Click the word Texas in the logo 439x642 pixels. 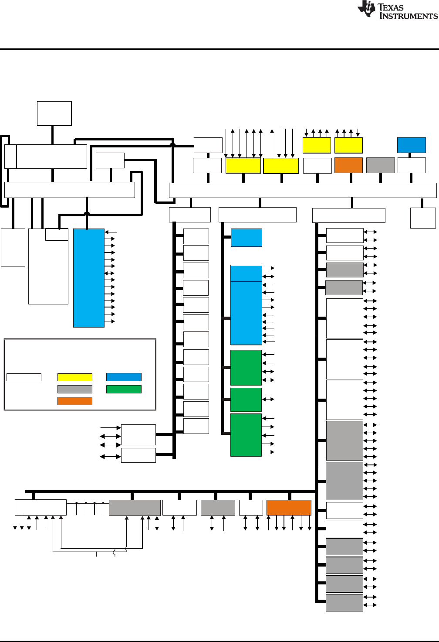click(391, 7)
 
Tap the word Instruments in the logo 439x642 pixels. click(409, 16)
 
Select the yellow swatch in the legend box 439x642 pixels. click(75, 377)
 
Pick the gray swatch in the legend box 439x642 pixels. click(75, 389)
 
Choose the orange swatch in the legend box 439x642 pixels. click(75, 401)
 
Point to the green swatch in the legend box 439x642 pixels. click(124, 389)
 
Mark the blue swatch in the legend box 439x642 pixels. click(124, 377)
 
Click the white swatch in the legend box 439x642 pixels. click(24, 377)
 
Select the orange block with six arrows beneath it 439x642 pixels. click(289, 508)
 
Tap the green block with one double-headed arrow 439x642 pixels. click(246, 400)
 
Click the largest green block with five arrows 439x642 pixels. click(246, 435)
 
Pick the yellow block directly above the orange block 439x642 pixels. click(348, 145)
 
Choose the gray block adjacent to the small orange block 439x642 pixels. click(381, 165)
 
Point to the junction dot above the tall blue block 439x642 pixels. click(87, 214)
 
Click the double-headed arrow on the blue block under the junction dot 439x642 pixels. click(109, 273)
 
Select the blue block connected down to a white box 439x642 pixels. click(412, 145)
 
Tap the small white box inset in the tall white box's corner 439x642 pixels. click(57, 234)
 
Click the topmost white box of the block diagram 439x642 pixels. click(54, 113)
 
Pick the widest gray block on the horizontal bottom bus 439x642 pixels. click(135, 508)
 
